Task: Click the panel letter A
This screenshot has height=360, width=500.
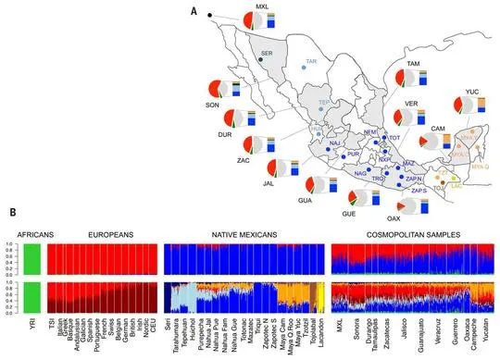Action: click(192, 11)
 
